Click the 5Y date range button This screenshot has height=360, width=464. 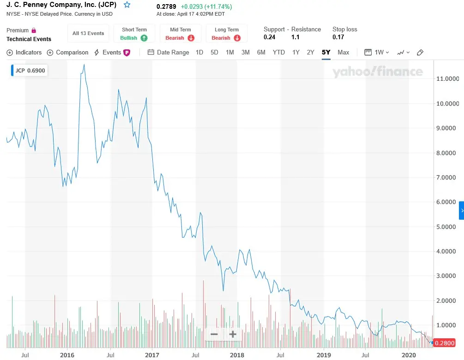pyautogui.click(x=326, y=52)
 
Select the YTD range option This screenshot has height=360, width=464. pyautogui.click(x=278, y=52)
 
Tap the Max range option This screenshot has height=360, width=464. pyautogui.click(x=343, y=52)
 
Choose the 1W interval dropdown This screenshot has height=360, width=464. pyautogui.click(x=377, y=52)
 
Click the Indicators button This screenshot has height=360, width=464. pyautogui.click(x=24, y=53)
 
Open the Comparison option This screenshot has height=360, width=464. pyautogui.click(x=67, y=53)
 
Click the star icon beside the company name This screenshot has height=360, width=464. pyautogui.click(x=127, y=5)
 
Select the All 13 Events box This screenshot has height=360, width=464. pyautogui.click(x=88, y=33)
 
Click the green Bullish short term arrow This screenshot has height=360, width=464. pyautogui.click(x=144, y=38)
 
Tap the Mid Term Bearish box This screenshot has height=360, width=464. pyautogui.click(x=180, y=34)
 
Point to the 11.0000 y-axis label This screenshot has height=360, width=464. pyautogui.click(x=447, y=79)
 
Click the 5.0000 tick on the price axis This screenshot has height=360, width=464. pyautogui.click(x=447, y=227)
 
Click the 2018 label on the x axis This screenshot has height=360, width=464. pyautogui.click(x=237, y=355)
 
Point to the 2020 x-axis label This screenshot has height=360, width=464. pyautogui.click(x=408, y=355)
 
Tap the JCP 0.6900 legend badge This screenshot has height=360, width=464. pyautogui.click(x=29, y=71)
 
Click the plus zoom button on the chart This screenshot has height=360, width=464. pyautogui.click(x=233, y=334)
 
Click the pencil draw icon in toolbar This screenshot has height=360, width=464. pyautogui.click(x=420, y=53)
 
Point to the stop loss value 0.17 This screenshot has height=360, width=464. pyautogui.click(x=338, y=37)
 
